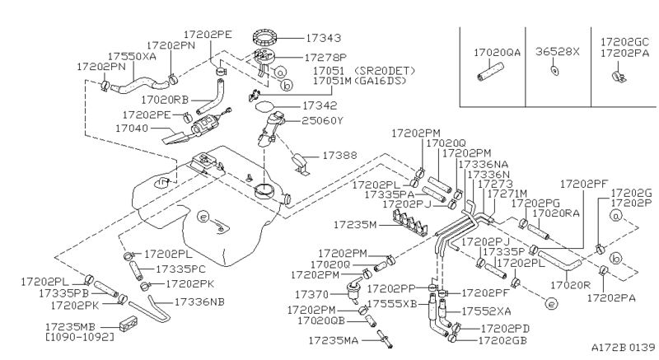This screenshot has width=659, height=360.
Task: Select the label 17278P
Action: (x=327, y=58)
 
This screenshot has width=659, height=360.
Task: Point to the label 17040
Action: (x=133, y=129)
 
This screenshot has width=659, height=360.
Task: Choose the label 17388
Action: (x=339, y=155)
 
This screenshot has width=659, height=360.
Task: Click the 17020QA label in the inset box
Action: (x=497, y=51)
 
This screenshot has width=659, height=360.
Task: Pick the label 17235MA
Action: (x=336, y=339)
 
